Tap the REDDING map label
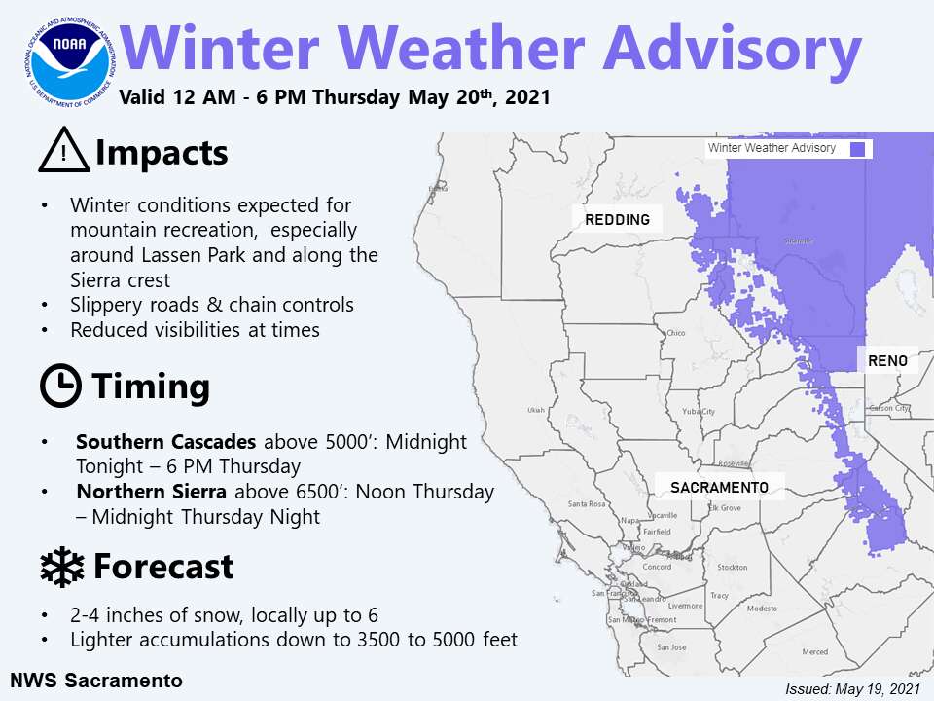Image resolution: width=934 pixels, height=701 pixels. [x=617, y=220]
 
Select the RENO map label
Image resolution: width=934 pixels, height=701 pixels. [x=887, y=360]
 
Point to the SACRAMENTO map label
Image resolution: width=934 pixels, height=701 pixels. [x=719, y=486]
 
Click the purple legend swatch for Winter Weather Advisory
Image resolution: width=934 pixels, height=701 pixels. [x=858, y=149]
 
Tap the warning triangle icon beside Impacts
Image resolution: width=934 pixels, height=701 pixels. [x=63, y=153]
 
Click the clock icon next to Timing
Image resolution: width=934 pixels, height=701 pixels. [x=60, y=387]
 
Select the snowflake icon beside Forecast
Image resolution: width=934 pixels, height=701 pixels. [x=62, y=567]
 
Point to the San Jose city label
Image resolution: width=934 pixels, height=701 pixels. [x=670, y=647]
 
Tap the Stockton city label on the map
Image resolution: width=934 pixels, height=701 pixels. [x=732, y=567]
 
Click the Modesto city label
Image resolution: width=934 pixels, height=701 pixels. [x=762, y=608]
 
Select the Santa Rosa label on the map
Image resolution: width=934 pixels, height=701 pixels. [x=587, y=503]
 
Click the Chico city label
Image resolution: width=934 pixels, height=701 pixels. [x=676, y=333]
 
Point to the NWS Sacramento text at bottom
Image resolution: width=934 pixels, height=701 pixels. [x=96, y=680]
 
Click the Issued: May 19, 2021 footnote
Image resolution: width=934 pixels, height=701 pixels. [x=851, y=688]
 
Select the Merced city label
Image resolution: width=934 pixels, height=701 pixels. [x=814, y=651]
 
